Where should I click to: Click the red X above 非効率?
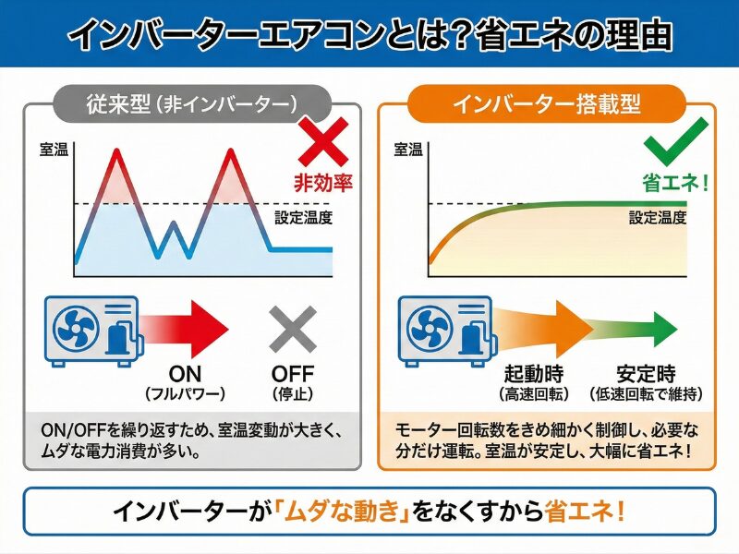click(322, 143)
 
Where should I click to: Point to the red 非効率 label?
click(323, 182)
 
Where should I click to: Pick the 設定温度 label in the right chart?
click(658, 218)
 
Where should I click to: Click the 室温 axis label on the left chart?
click(54, 149)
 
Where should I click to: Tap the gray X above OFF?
click(293, 328)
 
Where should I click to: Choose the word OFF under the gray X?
click(293, 375)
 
